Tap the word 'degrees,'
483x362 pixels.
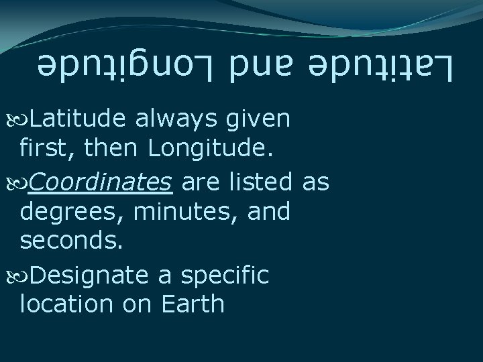[x=71, y=213]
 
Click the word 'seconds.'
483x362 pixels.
[x=71, y=242]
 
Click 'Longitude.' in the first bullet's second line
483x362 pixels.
[x=211, y=150]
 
